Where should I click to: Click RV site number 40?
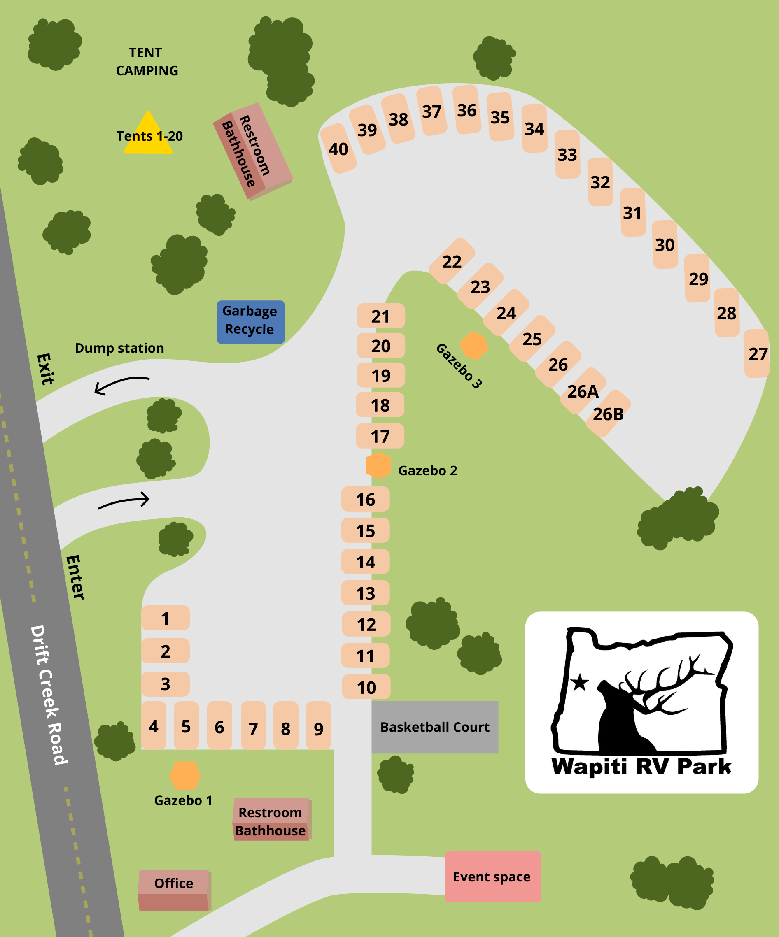[x=338, y=149]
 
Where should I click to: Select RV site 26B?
[x=608, y=414]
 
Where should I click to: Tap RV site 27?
[x=757, y=353]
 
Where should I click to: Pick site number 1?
[x=165, y=618]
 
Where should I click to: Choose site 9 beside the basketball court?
[x=318, y=728]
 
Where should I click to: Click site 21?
[x=380, y=316]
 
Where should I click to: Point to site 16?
[x=365, y=499]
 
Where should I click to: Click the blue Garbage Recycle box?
[x=250, y=319]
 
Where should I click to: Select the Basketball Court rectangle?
[x=434, y=727]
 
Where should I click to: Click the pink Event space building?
[x=492, y=877]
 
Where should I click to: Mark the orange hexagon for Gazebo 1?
[x=185, y=775]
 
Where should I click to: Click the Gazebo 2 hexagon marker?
[x=378, y=465]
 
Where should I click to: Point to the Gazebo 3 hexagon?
[x=473, y=345]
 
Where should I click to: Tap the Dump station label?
[x=119, y=348]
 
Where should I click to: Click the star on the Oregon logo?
[x=580, y=682]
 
